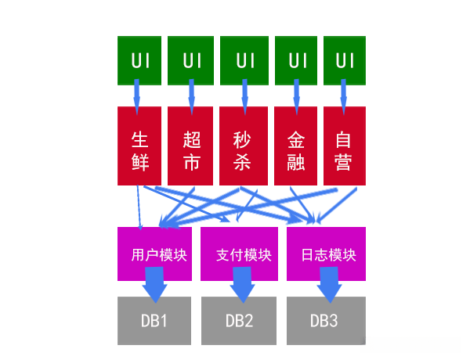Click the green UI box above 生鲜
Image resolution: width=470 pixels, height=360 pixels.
[x=139, y=59]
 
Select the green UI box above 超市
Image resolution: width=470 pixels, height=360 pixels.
[x=191, y=59]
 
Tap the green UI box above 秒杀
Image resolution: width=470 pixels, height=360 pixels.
[x=244, y=59]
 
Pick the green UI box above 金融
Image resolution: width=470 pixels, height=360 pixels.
[x=296, y=59]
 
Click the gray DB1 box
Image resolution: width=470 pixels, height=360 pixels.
[x=154, y=321]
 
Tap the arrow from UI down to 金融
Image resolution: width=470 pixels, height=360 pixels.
[x=296, y=95]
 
